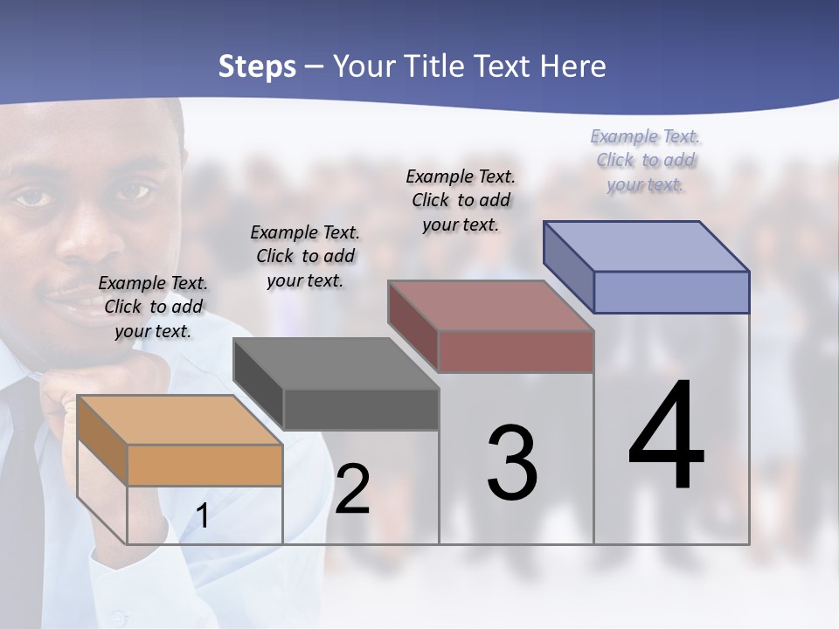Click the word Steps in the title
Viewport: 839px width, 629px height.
[x=257, y=66]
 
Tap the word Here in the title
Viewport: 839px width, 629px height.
[x=573, y=66]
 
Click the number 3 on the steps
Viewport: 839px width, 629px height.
[x=512, y=463]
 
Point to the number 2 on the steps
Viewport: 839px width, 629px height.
[x=352, y=489]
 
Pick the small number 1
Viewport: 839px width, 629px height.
[x=203, y=516]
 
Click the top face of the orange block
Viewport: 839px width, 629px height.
[x=179, y=420]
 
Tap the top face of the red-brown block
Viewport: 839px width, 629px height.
[x=490, y=306]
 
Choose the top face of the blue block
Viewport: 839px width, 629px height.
[x=646, y=246]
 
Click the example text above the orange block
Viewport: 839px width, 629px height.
[x=153, y=307]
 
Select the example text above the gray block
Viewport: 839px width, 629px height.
[x=305, y=256]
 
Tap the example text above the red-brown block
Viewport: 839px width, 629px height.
[x=461, y=200]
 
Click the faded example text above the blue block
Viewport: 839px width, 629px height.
[x=645, y=160]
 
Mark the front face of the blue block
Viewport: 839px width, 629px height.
[x=671, y=292]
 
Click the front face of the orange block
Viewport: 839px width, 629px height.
[x=205, y=465]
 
